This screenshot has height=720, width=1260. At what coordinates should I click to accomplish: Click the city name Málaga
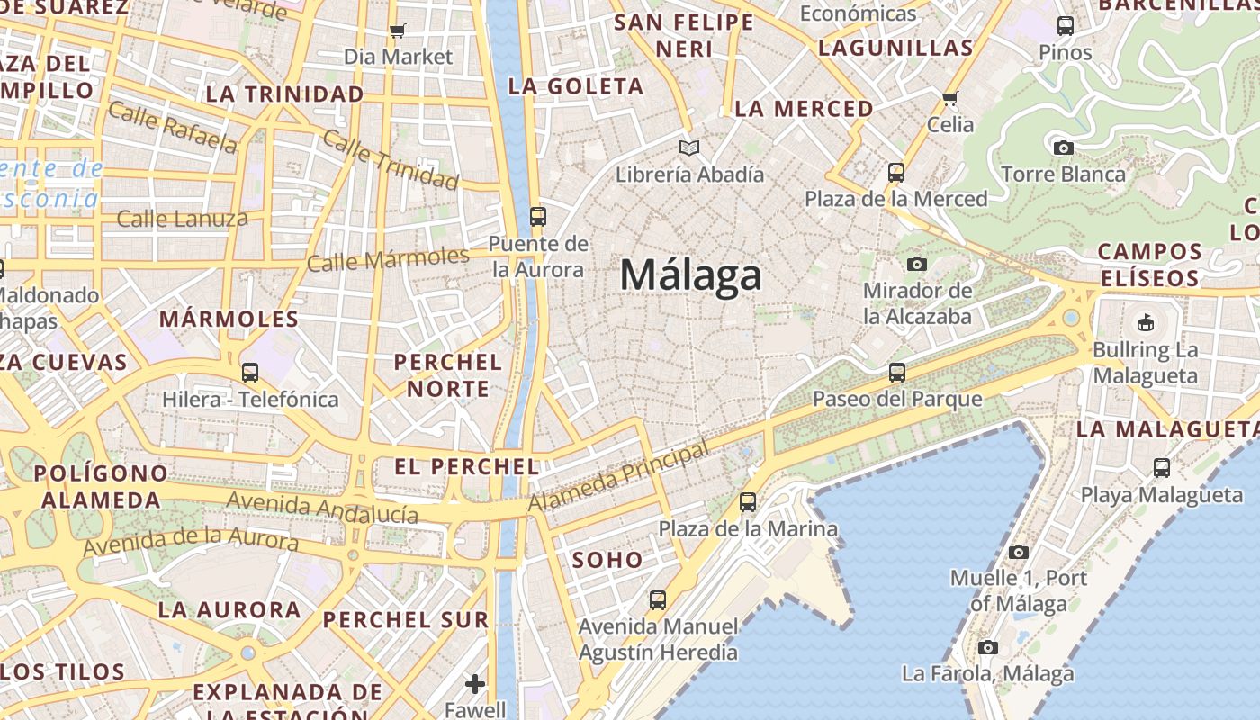690,274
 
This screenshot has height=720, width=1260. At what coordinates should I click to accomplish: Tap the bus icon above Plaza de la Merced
895,172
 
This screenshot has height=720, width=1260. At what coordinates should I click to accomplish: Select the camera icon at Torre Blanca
1063,148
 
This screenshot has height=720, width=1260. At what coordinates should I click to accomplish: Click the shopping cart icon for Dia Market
398,31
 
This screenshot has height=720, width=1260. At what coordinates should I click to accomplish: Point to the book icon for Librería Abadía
689,148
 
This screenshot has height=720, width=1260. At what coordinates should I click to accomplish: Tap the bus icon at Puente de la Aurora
537,217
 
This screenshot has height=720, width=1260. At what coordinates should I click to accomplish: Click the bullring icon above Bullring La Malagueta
1145,322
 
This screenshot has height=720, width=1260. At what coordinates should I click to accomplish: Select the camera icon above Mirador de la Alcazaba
917,264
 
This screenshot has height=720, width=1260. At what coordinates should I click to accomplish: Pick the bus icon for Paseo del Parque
896,372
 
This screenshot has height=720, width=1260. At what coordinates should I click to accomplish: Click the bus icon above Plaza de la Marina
748,502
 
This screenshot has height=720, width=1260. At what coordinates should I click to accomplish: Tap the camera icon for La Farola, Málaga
988,647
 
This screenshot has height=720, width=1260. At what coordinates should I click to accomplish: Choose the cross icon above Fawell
475,684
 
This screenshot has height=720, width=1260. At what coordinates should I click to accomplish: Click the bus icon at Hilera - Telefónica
250,372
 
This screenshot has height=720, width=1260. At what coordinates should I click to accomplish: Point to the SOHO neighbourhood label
607,560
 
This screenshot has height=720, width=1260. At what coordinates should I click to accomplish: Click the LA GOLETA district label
576,86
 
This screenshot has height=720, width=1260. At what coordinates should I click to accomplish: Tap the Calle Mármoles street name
388,259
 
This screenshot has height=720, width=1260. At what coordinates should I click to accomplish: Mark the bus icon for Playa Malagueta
1162,468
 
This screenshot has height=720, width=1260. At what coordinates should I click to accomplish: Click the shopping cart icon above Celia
950,98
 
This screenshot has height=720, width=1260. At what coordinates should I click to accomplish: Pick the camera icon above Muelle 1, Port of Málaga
1019,552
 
